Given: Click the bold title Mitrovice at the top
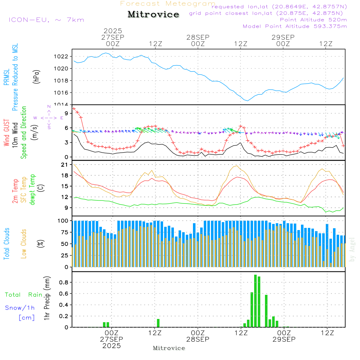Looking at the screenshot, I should coord(153,14).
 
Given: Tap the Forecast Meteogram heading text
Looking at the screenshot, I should coord(168,4).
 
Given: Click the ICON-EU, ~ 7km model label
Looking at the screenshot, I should coord(46,20).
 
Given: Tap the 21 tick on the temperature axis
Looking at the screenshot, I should coord(65,165).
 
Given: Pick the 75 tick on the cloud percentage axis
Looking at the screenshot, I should coord(64,232).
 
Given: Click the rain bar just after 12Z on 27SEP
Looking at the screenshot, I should coord(158,323).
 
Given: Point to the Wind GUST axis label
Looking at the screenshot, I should coord(6,133).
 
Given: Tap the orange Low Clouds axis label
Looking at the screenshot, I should coord(24,243).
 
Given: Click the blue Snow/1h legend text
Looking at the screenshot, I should coord(20,308).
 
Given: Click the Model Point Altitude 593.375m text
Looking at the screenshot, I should coord(295,26).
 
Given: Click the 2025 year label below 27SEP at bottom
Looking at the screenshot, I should coord(112,346).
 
